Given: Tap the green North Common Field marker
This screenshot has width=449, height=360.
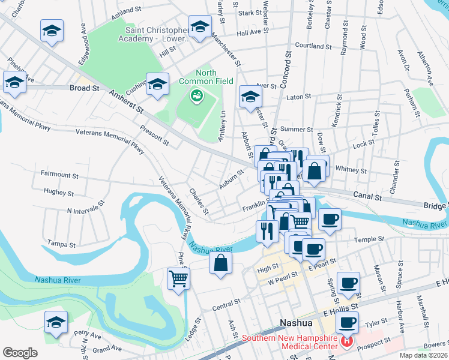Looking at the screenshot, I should [196, 95].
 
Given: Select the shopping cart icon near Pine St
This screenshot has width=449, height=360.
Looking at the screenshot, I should [179, 278].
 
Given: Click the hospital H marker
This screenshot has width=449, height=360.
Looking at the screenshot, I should [346, 341].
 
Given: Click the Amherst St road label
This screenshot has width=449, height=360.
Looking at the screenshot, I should [128, 101].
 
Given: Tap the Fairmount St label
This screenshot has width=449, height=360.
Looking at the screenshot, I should [59, 175].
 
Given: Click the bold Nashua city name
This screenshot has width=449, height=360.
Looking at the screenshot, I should [297, 323].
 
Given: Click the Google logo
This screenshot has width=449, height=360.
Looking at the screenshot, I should [20, 353].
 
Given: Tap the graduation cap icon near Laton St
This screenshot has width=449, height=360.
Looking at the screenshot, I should [251, 97].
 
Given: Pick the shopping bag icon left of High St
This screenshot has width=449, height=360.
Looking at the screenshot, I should [221, 263].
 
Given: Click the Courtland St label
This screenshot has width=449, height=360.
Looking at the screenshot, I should [313, 46].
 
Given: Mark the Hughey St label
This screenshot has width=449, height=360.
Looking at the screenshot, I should [59, 193].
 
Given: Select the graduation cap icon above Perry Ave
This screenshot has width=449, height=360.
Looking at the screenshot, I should [56, 323].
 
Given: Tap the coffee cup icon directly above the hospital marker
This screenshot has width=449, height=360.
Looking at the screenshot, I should [346, 322].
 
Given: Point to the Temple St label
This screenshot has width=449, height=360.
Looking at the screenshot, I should [369, 239].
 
